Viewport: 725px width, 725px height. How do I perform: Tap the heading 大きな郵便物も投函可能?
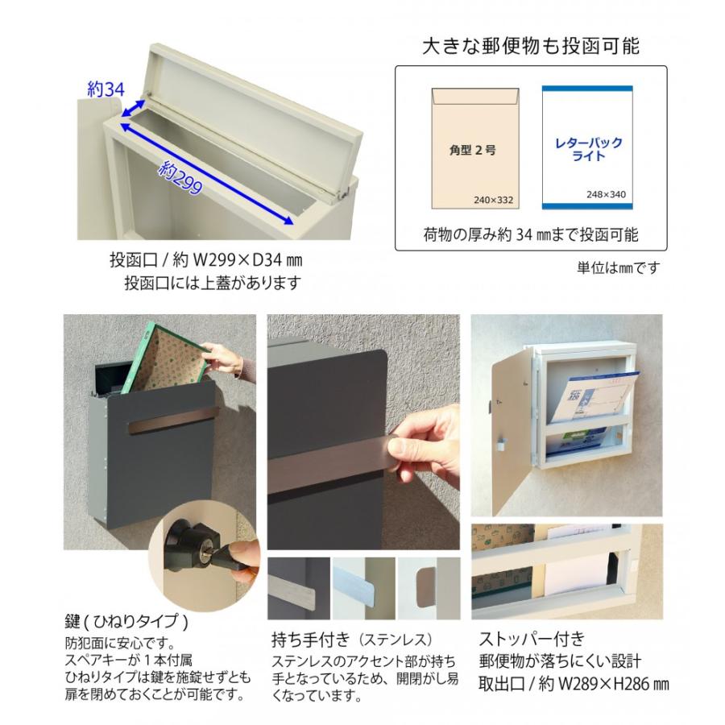531,46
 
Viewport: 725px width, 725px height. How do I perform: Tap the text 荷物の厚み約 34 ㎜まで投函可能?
530,235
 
